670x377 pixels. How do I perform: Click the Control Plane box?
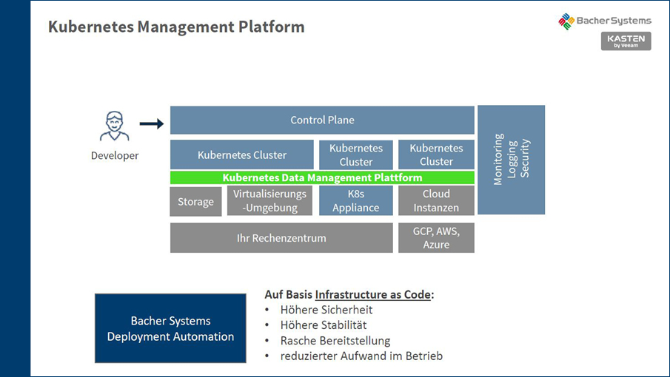322,120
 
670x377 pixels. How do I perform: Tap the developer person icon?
115,126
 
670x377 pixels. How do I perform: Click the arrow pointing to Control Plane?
152,123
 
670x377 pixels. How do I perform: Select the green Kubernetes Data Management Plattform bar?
322,177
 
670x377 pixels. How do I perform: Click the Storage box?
195,201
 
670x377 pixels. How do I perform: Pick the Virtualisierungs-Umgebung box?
269,201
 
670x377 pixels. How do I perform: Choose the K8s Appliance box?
355,201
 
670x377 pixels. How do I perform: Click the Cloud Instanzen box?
436,201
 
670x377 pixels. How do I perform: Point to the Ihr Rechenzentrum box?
281,238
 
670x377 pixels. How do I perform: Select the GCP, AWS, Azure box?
436,238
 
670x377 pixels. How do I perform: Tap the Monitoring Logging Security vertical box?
511,160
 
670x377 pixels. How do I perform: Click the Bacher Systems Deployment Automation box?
170,328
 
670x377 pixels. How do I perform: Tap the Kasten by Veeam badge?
626,41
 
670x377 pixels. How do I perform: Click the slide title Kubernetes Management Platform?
176,27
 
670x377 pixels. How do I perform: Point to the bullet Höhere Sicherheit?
326,310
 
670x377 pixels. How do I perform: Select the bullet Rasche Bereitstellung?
335,341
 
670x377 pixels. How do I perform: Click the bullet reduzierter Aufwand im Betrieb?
361,356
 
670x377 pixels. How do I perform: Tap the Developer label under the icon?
115,155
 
